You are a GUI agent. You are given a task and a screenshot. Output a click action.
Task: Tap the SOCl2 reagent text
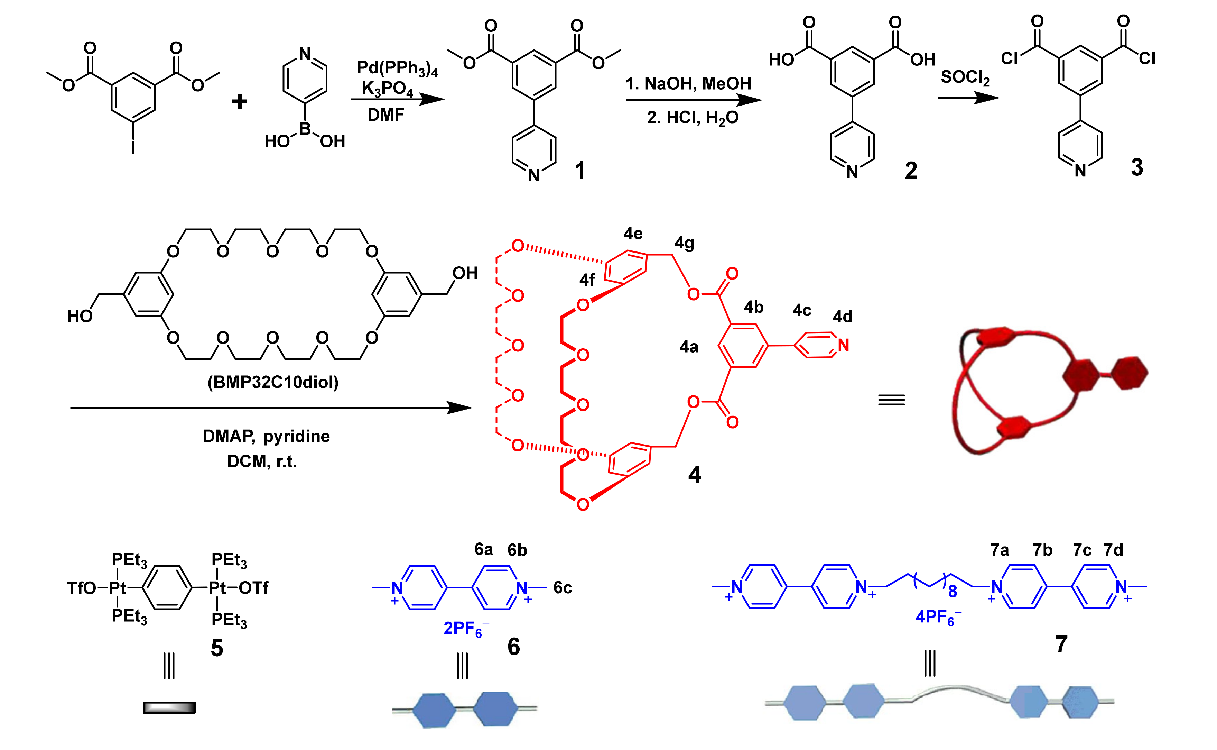(x=965, y=77)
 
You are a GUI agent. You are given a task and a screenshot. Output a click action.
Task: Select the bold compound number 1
(x=579, y=170)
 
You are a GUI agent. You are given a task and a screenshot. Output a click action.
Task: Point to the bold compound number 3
(x=1137, y=167)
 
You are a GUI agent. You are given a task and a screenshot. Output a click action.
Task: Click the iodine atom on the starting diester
(x=133, y=147)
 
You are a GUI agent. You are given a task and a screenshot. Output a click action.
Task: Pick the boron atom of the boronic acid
(x=305, y=129)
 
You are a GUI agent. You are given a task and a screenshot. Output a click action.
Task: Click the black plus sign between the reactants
(x=240, y=102)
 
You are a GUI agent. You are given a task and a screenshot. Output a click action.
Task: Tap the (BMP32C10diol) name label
(x=273, y=382)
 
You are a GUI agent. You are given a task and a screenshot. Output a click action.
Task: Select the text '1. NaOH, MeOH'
(x=688, y=83)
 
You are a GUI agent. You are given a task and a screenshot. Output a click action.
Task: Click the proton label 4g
(x=684, y=243)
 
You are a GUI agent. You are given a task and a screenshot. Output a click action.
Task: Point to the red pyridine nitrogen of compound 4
(x=843, y=345)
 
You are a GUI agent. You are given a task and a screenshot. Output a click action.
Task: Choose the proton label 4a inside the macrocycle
(x=689, y=346)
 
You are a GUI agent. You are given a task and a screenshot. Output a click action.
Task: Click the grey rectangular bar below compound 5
(x=169, y=707)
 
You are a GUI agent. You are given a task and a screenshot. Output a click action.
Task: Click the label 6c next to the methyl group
(x=563, y=588)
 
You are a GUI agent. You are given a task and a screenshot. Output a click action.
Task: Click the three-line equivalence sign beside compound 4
(x=891, y=400)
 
